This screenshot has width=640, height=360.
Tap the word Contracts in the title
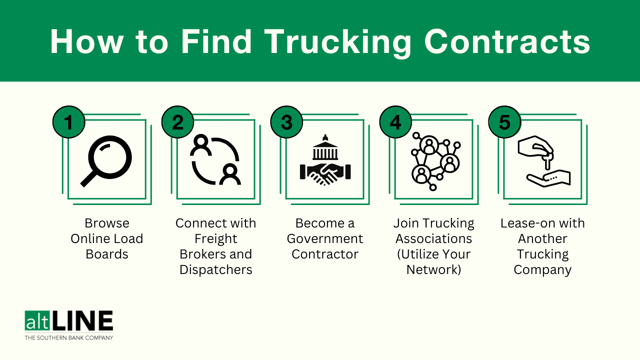tap(507, 41)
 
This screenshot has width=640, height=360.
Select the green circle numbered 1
tap(69, 122)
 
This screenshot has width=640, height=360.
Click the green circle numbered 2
tap(177, 122)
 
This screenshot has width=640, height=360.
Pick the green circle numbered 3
tap(286, 122)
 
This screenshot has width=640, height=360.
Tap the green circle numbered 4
tap(395, 122)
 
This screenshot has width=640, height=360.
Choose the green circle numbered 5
tap(504, 122)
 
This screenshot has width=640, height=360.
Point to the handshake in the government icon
tap(325, 173)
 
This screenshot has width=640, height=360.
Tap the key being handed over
tap(547, 161)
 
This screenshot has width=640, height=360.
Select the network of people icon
tap(435, 161)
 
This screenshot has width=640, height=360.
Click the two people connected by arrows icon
tap(215, 159)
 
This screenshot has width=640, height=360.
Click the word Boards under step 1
tap(107, 254)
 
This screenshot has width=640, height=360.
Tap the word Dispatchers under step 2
tap(215, 269)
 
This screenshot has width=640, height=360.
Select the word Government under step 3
tap(325, 238)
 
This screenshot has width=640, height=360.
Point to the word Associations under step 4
tap(433, 238)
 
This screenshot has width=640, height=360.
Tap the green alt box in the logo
tap(37, 320)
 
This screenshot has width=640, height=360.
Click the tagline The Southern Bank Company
tap(69, 338)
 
